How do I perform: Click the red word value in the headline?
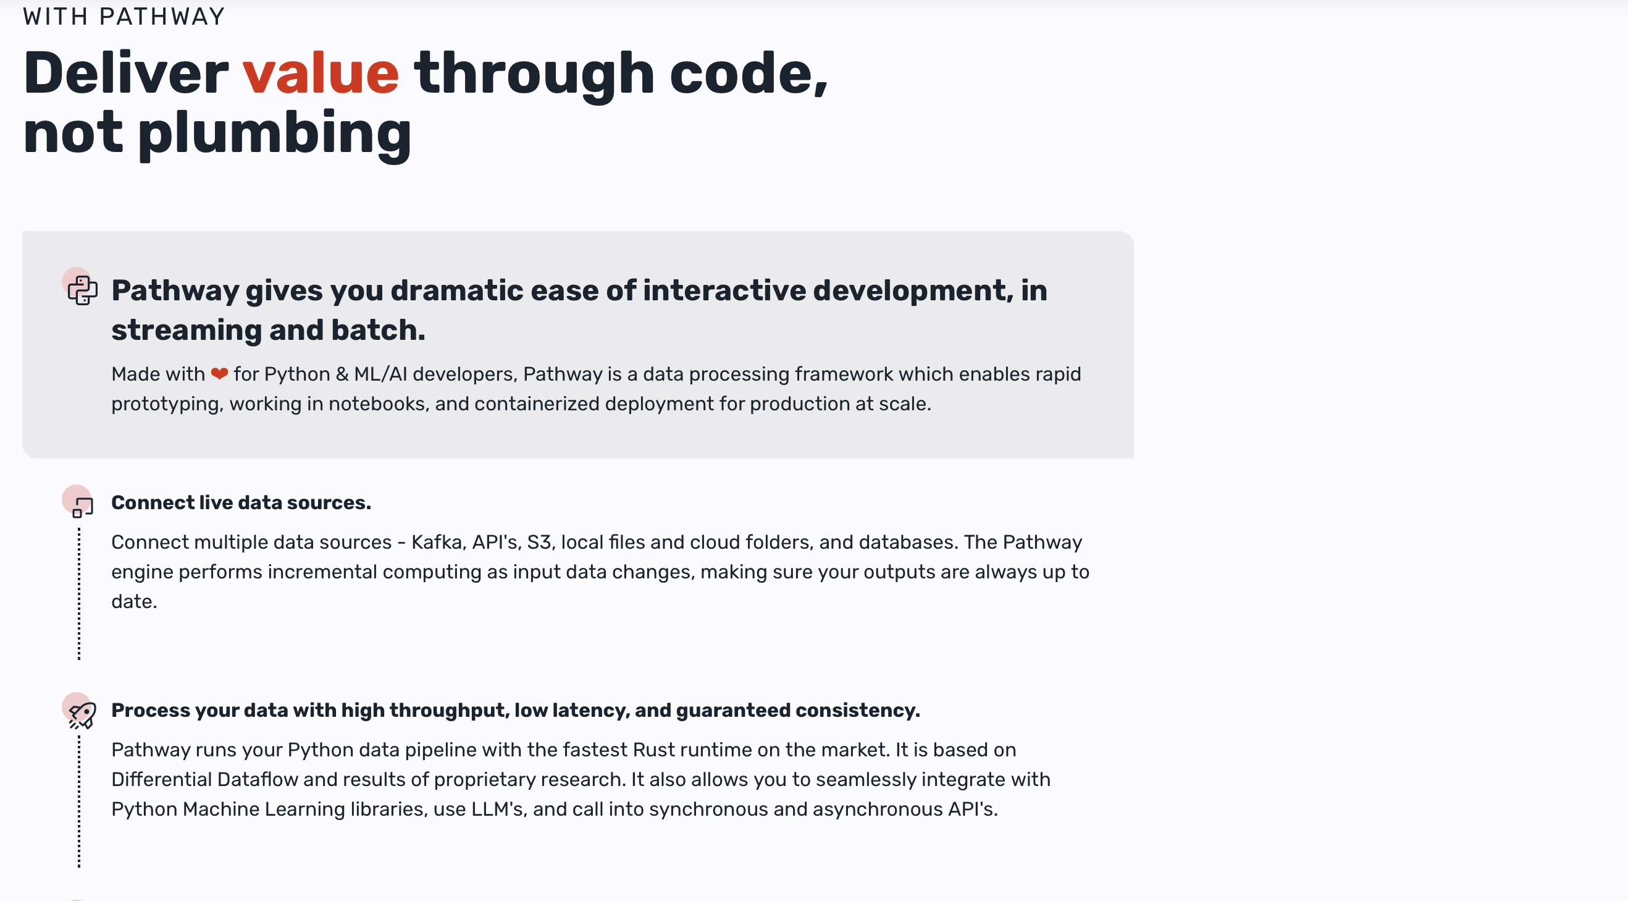coord(321,74)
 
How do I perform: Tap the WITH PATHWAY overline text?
coord(124,17)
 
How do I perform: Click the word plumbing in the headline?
coord(274,134)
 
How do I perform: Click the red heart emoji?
coord(219,374)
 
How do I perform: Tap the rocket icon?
coord(82,715)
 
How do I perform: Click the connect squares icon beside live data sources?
coord(82,507)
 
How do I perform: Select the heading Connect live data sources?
coord(241,502)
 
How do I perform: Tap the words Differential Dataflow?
coord(205,779)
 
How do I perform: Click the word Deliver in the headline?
coord(126,74)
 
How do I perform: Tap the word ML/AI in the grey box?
coord(380,374)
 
